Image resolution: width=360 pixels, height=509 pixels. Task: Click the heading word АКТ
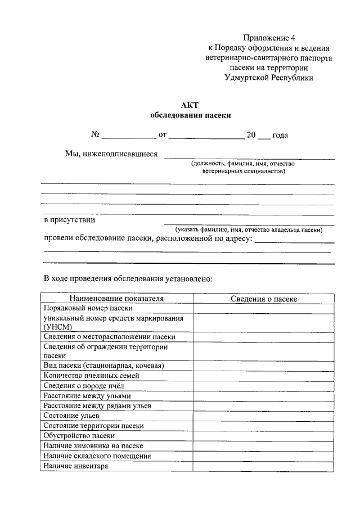(x=190, y=105)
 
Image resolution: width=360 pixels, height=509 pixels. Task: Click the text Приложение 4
(x=269, y=38)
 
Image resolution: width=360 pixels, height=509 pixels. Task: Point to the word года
(x=280, y=135)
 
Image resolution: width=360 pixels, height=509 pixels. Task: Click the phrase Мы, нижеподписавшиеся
(x=111, y=154)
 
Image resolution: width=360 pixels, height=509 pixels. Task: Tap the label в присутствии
(x=69, y=220)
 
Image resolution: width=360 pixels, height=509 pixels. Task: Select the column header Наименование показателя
(x=116, y=299)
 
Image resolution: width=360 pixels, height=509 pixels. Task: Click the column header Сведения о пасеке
(x=264, y=299)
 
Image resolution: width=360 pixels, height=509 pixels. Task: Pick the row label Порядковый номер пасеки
(x=88, y=308)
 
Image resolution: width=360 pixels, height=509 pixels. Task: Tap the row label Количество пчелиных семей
(x=91, y=375)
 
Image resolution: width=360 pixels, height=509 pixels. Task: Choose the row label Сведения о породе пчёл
(x=83, y=385)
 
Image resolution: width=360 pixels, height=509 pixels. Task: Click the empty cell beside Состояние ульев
(x=264, y=416)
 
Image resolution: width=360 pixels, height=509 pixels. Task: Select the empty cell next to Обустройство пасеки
(x=264, y=435)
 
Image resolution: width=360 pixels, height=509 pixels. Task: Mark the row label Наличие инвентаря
(x=75, y=466)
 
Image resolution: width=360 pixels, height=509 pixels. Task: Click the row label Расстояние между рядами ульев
(x=97, y=406)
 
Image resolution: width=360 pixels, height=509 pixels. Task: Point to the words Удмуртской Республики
(x=268, y=78)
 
